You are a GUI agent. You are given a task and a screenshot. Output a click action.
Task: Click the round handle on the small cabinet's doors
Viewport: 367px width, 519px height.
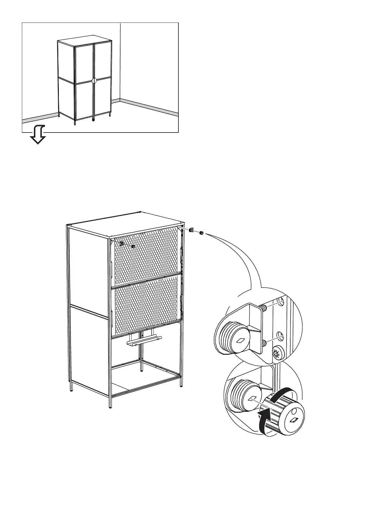click(x=94, y=80)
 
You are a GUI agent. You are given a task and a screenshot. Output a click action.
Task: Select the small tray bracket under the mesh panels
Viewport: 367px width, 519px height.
click(x=144, y=341)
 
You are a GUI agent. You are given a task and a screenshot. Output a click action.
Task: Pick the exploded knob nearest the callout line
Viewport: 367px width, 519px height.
click(x=201, y=233)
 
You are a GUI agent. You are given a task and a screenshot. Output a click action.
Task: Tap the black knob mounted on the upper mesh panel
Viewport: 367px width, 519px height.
click(x=133, y=247)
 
